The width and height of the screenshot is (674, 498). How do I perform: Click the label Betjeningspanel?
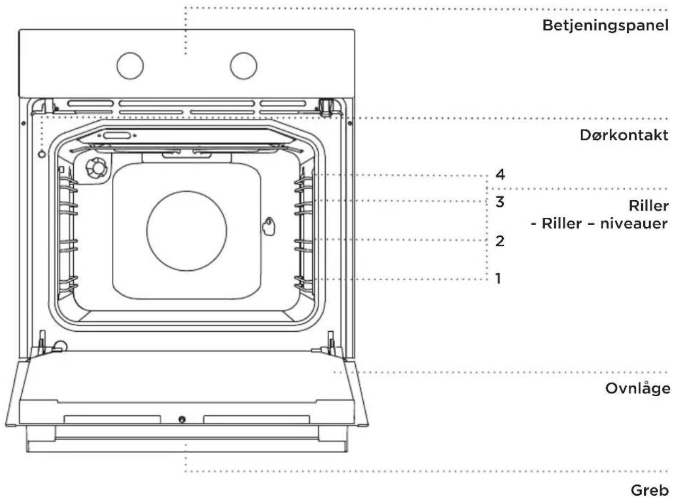[x=605, y=25]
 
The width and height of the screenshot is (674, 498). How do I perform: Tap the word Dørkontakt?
[x=624, y=135]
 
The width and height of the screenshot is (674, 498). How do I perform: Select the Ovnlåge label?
[x=637, y=389]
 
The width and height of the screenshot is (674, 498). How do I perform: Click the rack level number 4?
[x=500, y=175]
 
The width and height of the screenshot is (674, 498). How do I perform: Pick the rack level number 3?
[x=500, y=202]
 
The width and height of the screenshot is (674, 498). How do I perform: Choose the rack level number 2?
[x=500, y=241]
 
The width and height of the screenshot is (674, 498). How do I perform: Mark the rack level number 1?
[x=498, y=279]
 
